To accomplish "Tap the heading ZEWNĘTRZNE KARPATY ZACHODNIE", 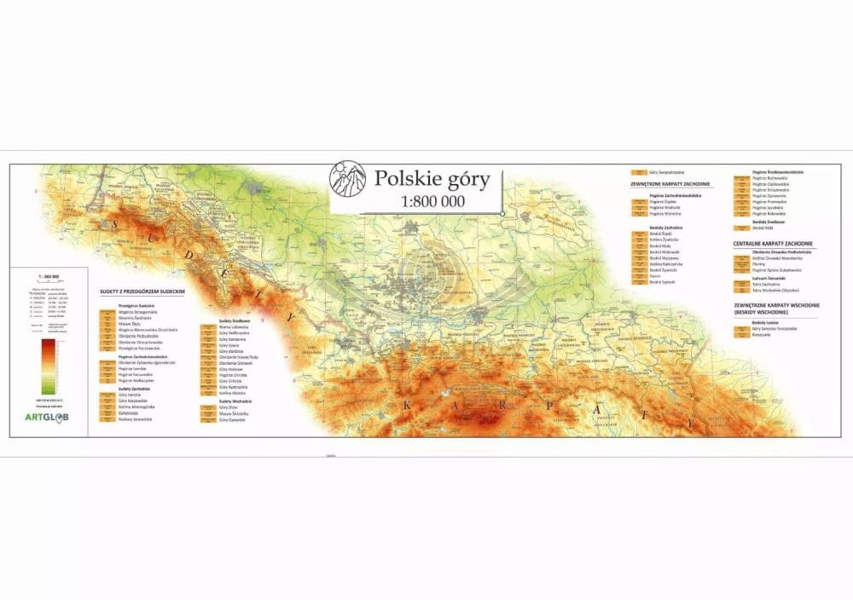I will click(671, 184).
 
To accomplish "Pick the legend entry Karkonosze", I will click(129, 413).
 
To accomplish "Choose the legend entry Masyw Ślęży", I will click(130, 324).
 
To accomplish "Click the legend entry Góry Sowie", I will click(229, 345).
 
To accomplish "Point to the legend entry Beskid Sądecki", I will click(662, 282).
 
